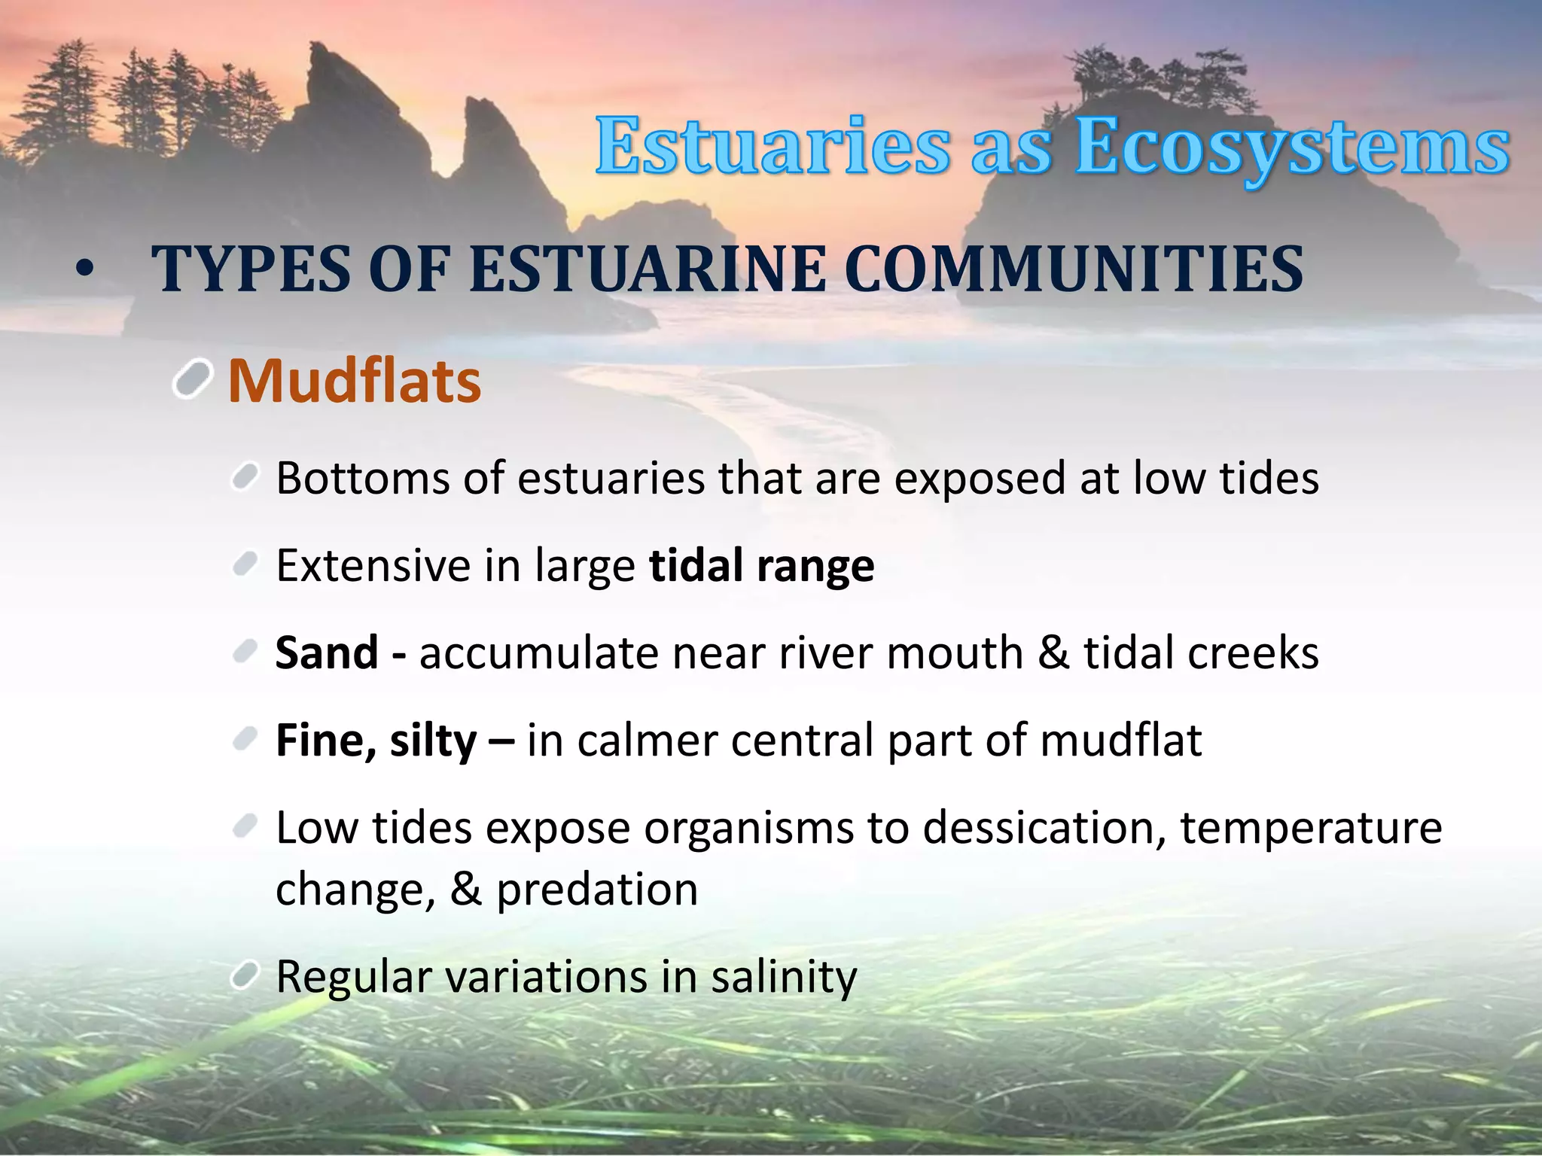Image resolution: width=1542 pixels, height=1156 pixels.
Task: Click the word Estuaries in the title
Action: click(773, 147)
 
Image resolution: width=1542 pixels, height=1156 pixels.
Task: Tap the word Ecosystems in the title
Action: click(1292, 147)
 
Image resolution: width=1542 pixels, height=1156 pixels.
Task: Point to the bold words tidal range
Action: click(761, 565)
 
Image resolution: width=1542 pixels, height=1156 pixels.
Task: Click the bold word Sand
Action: click(326, 653)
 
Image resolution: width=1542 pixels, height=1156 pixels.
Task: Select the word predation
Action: click(597, 890)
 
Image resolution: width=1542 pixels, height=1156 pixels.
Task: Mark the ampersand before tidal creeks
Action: click(1053, 653)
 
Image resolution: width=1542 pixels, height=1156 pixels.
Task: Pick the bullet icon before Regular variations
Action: click(245, 975)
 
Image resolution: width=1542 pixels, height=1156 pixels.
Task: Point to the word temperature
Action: click(1311, 828)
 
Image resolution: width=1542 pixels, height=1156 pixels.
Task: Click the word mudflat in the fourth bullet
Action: click(1120, 741)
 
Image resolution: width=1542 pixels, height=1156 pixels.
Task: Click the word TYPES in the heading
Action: click(250, 269)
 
